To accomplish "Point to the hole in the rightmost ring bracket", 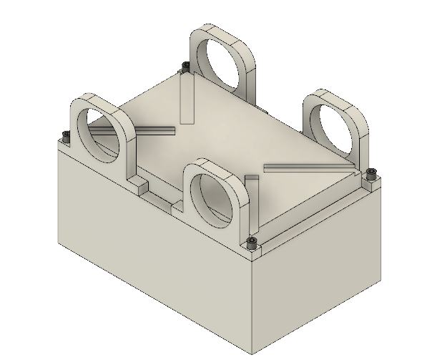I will [338, 129].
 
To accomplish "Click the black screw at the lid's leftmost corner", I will [66, 135].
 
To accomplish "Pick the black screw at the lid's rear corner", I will [186, 66].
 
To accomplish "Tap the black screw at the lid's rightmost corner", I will [370, 172].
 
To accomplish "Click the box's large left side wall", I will [150, 236].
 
